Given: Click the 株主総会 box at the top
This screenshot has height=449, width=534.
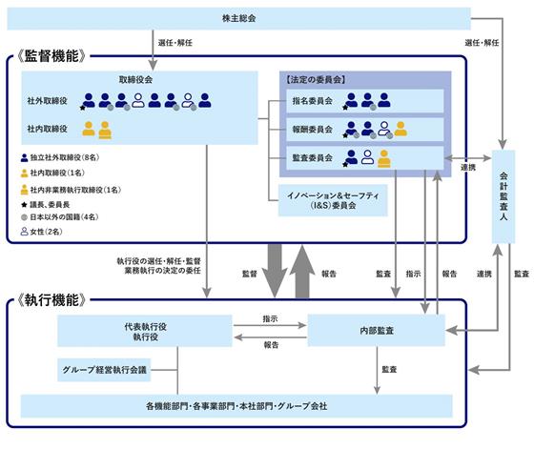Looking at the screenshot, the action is coord(238,18).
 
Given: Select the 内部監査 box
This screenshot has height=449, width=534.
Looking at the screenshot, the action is coord(377,330).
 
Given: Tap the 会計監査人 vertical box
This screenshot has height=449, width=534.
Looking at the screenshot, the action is coord(503,196).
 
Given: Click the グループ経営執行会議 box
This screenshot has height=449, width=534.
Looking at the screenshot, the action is coord(104,370).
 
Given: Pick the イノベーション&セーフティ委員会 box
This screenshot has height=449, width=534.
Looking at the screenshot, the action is coord(333,200).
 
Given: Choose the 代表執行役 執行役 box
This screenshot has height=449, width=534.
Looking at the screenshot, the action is coord(145,331).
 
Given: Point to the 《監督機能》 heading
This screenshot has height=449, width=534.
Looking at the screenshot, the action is coord(51,56).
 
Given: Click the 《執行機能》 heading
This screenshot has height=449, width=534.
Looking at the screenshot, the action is coord(51,300).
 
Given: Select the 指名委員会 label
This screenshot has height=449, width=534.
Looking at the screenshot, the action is coord(313,101).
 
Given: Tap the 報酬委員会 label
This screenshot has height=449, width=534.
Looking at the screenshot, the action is coord(313,130).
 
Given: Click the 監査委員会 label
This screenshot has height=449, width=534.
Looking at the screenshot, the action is coord(313,157).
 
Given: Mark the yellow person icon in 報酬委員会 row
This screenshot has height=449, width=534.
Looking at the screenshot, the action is coord(400,129).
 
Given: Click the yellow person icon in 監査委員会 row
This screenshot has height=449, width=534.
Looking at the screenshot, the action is coord(384,158).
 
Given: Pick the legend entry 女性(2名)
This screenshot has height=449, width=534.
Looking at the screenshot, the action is coord(42,232).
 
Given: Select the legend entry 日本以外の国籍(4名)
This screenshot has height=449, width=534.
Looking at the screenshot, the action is coord(59,216).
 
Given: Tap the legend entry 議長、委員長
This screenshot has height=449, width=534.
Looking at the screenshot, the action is coord(46,204).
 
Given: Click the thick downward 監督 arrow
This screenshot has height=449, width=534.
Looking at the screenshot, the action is coord(275,271).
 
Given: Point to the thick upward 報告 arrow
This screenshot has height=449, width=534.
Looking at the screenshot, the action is coord(302,272).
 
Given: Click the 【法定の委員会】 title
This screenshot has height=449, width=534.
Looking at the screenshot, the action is coord(316,80).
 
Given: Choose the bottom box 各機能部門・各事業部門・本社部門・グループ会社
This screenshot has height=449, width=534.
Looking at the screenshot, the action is coord(236,406).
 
